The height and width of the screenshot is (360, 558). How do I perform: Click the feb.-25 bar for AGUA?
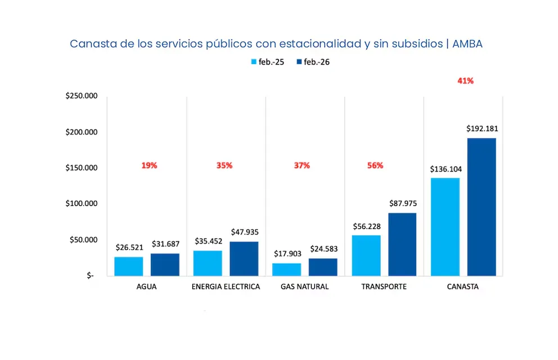(129, 266)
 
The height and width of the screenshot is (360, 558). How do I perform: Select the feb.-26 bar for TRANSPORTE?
(402, 244)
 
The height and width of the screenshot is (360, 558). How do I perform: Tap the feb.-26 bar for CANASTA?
(481, 207)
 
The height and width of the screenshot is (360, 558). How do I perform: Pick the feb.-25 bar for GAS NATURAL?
(287, 269)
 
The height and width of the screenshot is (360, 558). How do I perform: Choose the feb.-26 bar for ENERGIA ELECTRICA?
(244, 259)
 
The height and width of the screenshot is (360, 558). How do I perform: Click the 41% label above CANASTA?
(465, 80)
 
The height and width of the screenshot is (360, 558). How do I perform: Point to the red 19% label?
(149, 165)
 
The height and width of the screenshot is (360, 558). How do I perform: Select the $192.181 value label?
(481, 128)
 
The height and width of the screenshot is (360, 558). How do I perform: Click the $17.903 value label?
(287, 254)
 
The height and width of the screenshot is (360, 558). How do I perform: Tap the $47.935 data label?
(244, 232)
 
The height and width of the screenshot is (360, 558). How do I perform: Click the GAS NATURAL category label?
(304, 287)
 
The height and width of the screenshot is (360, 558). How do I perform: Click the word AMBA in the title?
(468, 44)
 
